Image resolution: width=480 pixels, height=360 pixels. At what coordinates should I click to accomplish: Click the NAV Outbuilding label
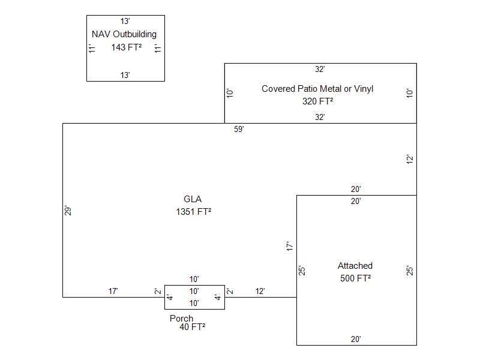[124, 34]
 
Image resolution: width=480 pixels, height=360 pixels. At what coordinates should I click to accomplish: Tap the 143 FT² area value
[126, 47]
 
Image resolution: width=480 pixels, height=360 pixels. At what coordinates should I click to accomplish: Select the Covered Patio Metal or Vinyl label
[317, 89]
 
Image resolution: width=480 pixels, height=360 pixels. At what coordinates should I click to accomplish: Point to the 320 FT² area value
[317, 101]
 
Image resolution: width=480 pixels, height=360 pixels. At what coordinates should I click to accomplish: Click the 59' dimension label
[239, 130]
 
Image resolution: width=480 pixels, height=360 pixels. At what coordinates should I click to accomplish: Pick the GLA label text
[193, 199]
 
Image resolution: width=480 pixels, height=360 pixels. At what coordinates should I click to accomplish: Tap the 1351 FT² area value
[193, 211]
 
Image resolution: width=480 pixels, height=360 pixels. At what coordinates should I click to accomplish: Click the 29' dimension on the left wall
[68, 211]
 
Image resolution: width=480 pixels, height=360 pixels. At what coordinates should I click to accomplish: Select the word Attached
[355, 266]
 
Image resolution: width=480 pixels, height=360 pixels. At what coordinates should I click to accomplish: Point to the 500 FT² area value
[355, 278]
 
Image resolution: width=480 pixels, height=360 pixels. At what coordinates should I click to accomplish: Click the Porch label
[181, 319]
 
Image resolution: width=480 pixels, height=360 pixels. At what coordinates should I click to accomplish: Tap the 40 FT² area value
[192, 327]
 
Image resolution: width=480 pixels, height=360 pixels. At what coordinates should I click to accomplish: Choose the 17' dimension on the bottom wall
[113, 292]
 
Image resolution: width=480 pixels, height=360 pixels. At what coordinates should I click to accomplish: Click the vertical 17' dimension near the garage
[289, 246]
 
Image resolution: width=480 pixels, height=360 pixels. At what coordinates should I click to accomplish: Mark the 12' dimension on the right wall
[410, 160]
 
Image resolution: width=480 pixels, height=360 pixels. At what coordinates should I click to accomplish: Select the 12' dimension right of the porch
[260, 292]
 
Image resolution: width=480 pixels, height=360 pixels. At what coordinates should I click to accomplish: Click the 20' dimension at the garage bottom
[356, 340]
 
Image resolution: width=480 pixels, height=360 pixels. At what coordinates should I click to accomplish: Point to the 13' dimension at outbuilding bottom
[125, 76]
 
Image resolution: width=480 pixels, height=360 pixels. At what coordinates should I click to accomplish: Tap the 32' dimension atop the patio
[320, 70]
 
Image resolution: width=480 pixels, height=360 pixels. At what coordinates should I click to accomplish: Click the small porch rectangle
[194, 298]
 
